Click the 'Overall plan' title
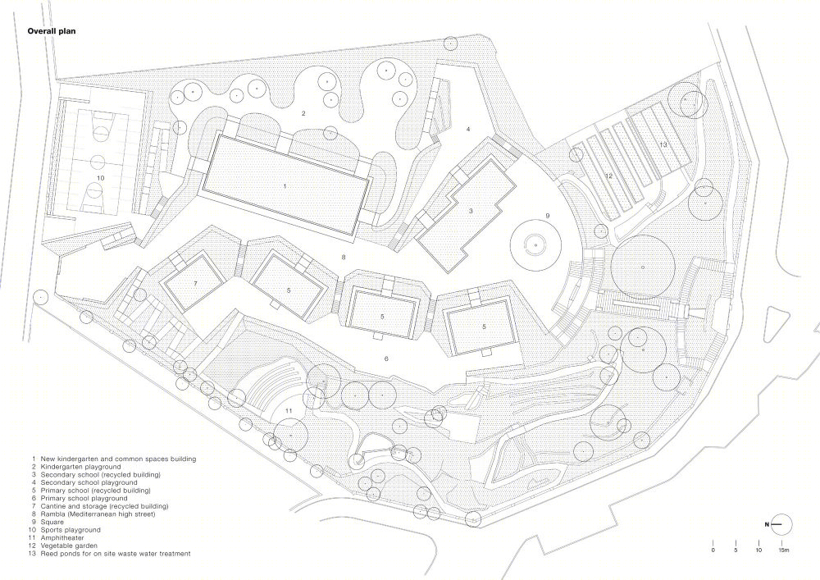[x=51, y=31]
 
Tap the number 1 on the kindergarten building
[x=285, y=186]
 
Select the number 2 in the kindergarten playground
[x=303, y=113]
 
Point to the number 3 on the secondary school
[x=471, y=211]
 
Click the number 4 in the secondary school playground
[x=468, y=129]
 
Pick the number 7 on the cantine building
[x=196, y=284]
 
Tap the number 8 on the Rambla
[x=343, y=257]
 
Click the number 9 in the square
[x=548, y=216]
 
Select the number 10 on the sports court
[x=100, y=178]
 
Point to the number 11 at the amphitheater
[x=289, y=410]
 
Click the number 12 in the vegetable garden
[x=608, y=176]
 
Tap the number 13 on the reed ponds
[x=663, y=144]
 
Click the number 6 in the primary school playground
[x=386, y=359]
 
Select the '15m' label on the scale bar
[x=783, y=550]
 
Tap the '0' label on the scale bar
[x=713, y=550]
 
